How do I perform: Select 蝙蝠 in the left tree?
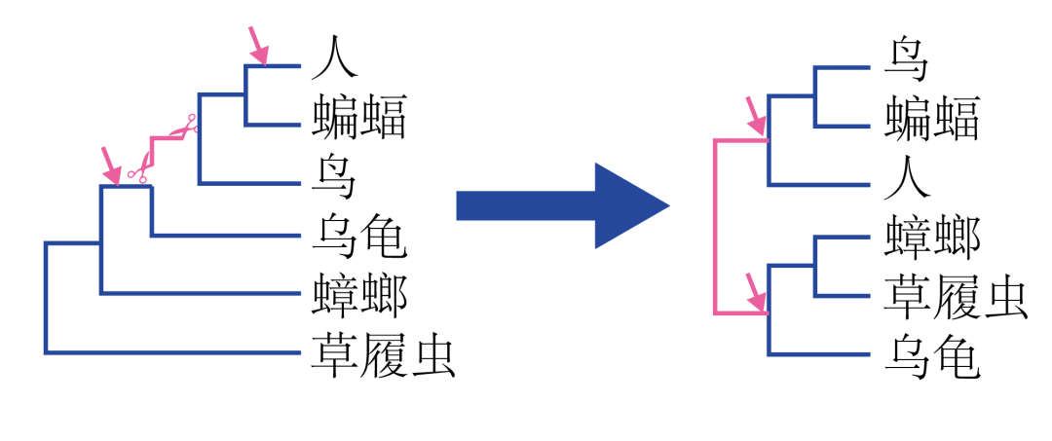359,117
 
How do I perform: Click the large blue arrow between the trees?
563,205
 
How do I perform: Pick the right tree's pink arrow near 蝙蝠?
754,116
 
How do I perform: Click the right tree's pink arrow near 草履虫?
754,293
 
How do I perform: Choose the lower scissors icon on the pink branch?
137,173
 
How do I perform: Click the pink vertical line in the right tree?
716,227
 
